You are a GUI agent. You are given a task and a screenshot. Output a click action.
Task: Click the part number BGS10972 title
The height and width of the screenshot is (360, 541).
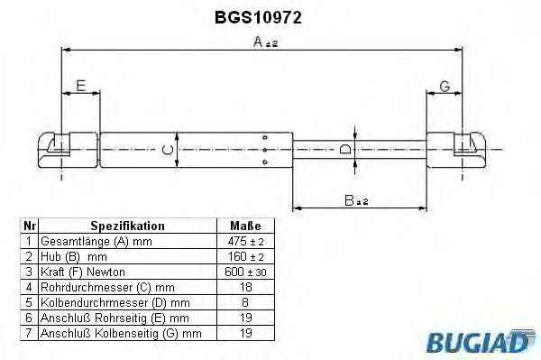pos(258,17)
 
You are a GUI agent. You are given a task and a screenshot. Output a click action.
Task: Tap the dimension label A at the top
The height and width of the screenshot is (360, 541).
pos(265,42)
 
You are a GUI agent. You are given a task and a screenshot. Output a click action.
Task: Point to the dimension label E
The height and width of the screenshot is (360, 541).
pos(81,86)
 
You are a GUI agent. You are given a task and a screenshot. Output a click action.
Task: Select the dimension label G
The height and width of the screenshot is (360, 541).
pos(445,87)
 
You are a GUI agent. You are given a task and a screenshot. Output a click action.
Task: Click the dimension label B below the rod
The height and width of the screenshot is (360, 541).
pos(356,200)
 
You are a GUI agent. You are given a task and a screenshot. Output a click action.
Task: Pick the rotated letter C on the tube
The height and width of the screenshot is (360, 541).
pos(168,150)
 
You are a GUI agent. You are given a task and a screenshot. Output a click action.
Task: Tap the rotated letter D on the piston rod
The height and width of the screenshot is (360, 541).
pos(345,149)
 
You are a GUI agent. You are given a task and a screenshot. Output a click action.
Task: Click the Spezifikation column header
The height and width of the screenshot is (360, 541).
pos(128,226)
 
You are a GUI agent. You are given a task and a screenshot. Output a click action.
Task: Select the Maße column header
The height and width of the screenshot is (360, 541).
pos(245,226)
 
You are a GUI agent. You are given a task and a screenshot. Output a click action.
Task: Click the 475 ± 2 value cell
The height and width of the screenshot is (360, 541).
pos(245,241)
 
